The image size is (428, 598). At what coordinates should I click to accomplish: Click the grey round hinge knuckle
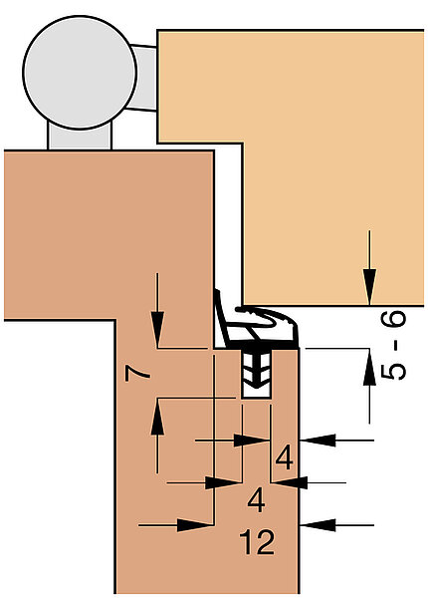[x=80, y=73]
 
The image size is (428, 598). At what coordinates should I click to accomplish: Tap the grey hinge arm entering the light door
[x=144, y=78]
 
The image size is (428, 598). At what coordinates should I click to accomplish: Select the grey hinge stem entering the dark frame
[x=80, y=137]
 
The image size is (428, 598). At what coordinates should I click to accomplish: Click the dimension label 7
[x=137, y=373]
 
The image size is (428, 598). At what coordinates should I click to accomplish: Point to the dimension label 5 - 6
[x=394, y=345]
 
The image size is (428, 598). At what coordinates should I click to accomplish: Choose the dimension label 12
[x=257, y=541]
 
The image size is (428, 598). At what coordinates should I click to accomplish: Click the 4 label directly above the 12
[x=256, y=500]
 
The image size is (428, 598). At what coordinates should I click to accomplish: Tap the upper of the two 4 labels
[x=284, y=457]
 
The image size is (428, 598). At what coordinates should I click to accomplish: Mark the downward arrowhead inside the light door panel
[x=369, y=287]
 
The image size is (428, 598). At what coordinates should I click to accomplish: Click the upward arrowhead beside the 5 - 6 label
[x=369, y=367]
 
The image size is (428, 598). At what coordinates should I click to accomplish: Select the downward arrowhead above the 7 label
[x=157, y=330]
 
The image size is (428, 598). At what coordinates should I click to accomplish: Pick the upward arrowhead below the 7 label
[x=157, y=417]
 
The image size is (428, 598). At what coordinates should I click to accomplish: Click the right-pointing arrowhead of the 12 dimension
[x=195, y=525]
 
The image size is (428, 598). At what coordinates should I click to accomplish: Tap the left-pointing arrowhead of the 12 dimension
[x=318, y=525]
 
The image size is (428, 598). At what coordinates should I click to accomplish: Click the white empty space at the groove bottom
[x=256, y=393]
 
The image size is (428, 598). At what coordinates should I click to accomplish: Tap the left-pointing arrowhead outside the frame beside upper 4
[x=318, y=441]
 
